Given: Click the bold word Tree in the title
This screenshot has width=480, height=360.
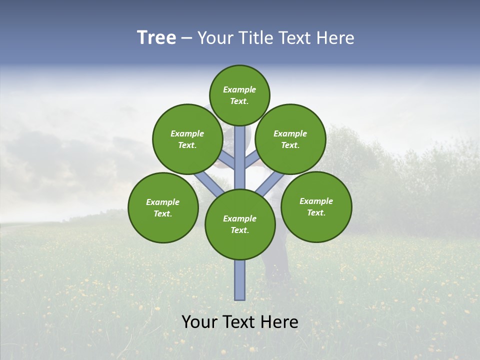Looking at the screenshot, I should coord(156,38).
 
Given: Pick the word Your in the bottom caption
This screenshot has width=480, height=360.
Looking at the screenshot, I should coord(199,322).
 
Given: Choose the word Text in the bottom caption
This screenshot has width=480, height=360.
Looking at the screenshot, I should coord(237,322).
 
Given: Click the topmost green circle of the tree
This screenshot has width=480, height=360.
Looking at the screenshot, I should coord(239,95).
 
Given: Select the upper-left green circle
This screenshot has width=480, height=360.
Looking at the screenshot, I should coord(187,139).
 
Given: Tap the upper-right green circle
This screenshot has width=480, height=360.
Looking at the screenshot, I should coord(290,139).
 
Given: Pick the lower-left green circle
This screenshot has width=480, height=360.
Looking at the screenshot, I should coord(163,207).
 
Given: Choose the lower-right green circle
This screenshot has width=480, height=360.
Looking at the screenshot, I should coord(316,206).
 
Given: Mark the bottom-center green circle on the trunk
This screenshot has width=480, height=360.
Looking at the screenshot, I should coord(240,224).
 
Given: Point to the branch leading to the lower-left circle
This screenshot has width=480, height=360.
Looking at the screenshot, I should coord(209,182).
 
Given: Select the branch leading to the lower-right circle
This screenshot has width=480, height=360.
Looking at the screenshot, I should coord(270,183).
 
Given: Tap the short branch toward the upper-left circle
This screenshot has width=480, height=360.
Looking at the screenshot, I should coord(226,161).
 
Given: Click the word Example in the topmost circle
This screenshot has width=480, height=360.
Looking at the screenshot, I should coord(239,89).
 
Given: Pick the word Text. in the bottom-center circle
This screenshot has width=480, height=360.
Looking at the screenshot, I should coord(239,230).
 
